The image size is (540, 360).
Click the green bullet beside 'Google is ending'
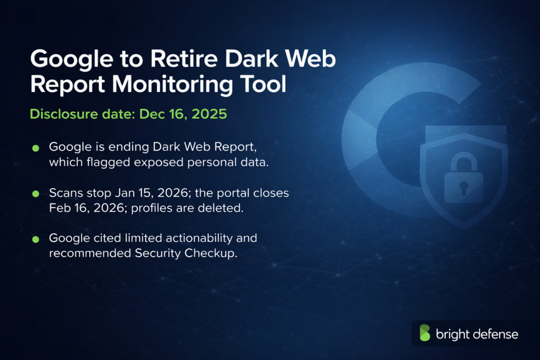click(x=36, y=147)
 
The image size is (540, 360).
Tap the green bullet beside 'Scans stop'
click(x=36, y=194)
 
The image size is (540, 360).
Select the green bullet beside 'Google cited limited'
click(x=36, y=239)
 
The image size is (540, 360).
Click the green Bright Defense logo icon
click(x=425, y=333)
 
